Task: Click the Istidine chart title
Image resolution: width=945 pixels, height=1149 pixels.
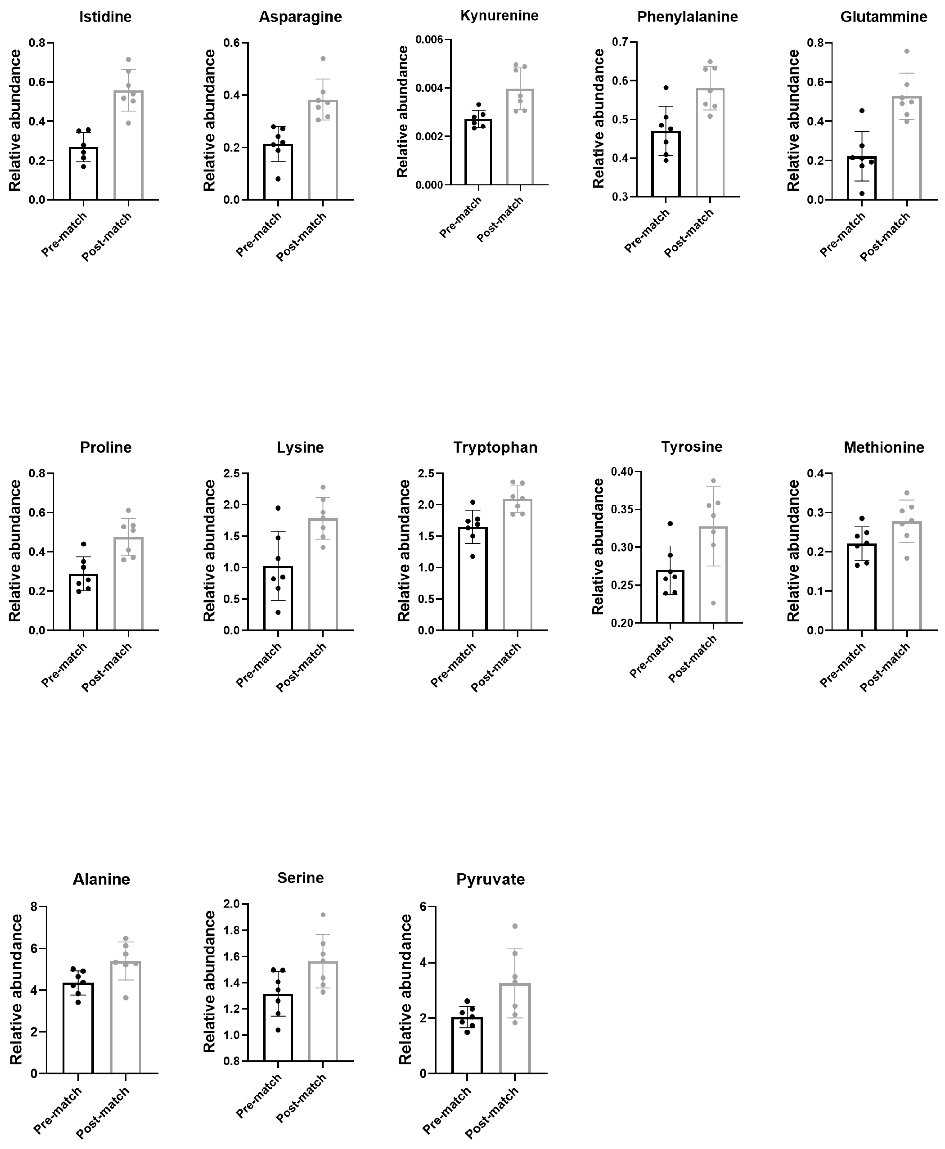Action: (105, 17)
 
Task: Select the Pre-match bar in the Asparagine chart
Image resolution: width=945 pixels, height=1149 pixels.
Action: (278, 171)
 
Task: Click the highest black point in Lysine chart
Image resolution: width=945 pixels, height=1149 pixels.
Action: (278, 508)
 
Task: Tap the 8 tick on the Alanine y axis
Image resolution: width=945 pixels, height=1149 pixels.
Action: (34, 907)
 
